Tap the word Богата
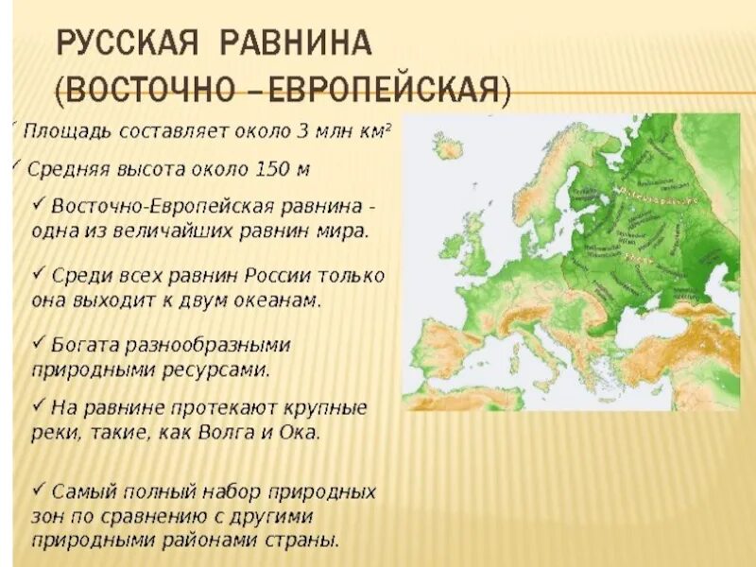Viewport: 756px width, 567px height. click(84, 344)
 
